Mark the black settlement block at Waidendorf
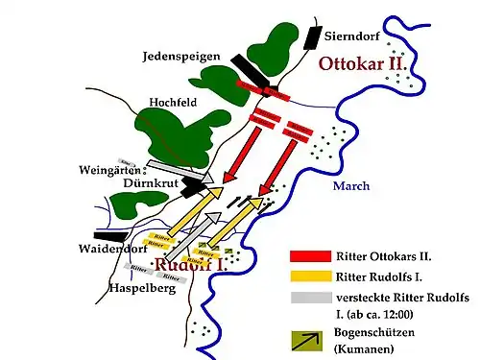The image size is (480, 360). point(108,233)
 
